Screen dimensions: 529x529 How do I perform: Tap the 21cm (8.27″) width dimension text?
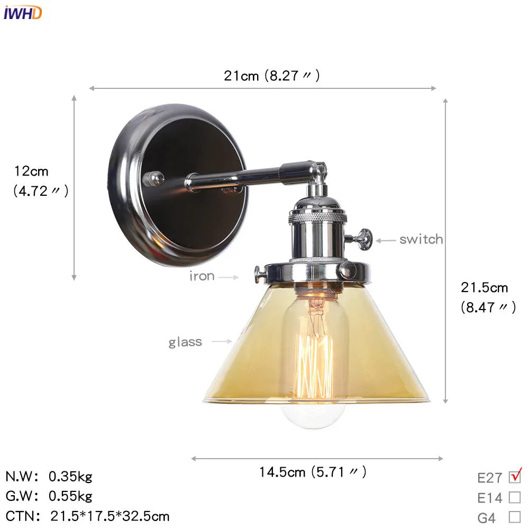pos(271,76)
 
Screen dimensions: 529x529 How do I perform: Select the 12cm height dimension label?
pos(32,171)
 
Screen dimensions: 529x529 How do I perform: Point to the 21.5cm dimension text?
pos(484,288)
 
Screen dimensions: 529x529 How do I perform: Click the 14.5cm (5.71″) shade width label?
pos(312,471)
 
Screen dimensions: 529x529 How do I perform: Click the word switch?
pos(421,240)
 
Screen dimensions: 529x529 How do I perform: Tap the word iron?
pos(202,276)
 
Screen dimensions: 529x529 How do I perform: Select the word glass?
pos(185,342)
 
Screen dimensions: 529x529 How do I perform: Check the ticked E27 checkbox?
pos(514,477)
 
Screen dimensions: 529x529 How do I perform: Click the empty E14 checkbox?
pos(514,497)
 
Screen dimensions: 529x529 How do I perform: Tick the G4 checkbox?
pos(514,517)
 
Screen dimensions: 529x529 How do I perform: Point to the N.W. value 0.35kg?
pos(70,477)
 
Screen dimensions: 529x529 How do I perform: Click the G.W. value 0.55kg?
pos(70,496)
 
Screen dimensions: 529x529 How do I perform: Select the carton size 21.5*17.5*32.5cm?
pos(110,516)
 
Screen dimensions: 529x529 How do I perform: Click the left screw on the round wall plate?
pos(154,178)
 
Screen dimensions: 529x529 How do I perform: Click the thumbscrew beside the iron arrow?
pos(259,273)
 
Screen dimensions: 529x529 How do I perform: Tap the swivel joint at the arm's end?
pos(317,172)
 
